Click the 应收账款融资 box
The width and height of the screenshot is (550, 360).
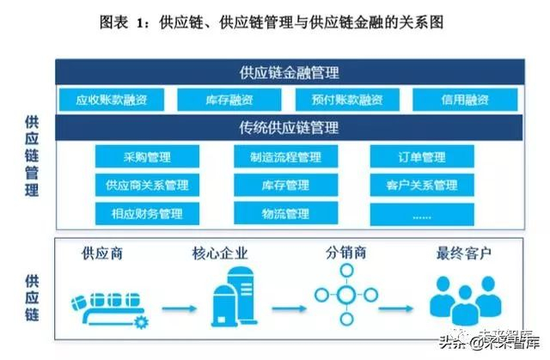click(x=112, y=100)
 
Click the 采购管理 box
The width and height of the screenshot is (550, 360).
click(x=147, y=157)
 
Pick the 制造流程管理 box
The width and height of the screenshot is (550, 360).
click(x=284, y=157)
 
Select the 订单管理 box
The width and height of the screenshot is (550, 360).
click(x=422, y=157)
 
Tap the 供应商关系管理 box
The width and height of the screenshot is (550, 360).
click(x=147, y=185)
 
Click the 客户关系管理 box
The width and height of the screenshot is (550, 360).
click(x=422, y=185)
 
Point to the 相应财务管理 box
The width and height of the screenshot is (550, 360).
click(x=147, y=213)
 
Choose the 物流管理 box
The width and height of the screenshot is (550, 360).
click(x=284, y=213)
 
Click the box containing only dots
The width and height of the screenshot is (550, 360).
click(x=422, y=213)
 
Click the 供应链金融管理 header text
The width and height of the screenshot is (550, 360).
click(x=289, y=73)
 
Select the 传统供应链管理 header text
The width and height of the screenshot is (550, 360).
click(x=289, y=129)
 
